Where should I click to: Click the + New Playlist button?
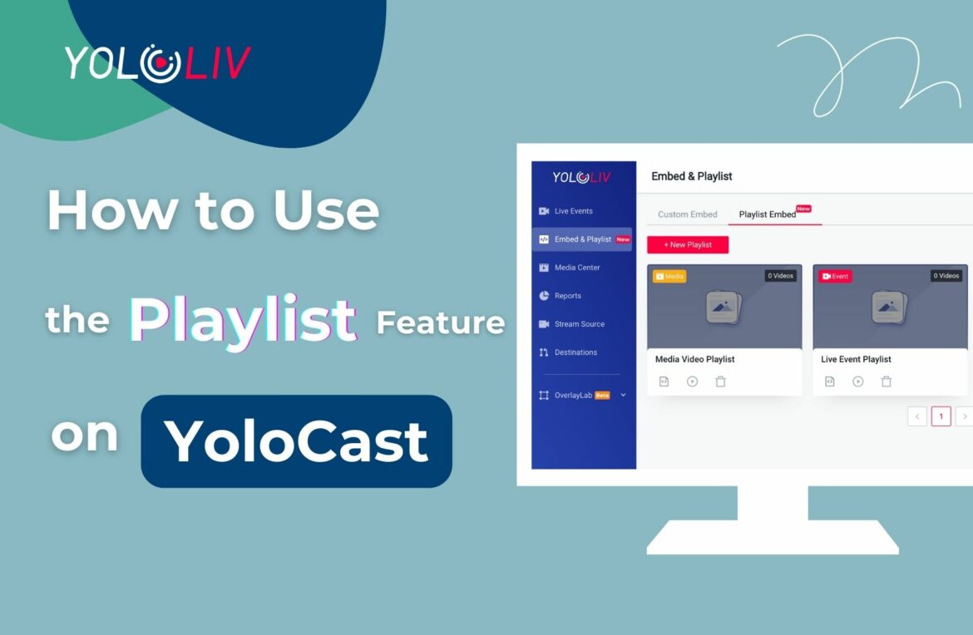coord(688,244)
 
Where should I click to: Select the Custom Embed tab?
coord(687,214)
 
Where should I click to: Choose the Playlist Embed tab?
coord(767,214)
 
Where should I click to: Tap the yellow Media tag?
coord(669,276)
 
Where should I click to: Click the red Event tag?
coord(835,276)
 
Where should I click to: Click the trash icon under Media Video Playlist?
coord(720,381)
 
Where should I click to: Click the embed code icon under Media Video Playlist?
coord(664,381)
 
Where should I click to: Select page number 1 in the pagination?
coord(941,416)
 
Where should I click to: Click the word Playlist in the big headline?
coord(243,321)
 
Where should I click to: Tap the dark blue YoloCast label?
coord(297,441)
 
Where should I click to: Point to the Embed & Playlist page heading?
coord(691,176)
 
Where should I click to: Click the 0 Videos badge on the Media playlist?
coord(781,276)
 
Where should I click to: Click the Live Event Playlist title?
coord(856,359)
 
